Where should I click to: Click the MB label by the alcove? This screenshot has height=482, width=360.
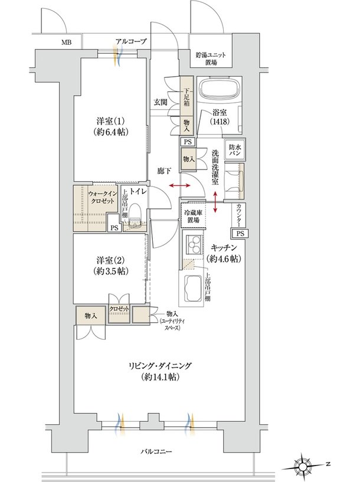(x=67, y=42)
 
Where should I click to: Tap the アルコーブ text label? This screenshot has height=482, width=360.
(x=131, y=41)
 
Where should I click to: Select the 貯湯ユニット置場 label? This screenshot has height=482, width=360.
(x=211, y=59)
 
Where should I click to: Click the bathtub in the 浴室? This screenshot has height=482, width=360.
(x=219, y=89)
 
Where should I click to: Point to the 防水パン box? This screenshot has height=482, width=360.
(x=235, y=149)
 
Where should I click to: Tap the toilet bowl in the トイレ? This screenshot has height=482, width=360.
(x=135, y=213)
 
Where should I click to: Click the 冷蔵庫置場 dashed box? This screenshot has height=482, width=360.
(x=193, y=215)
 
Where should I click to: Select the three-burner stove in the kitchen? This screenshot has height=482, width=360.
(x=193, y=244)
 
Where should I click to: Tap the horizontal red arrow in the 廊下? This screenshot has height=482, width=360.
(x=180, y=185)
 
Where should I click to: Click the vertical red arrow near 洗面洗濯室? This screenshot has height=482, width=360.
(x=215, y=202)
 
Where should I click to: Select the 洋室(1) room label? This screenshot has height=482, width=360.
(x=110, y=126)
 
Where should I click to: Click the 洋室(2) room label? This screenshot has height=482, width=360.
(x=110, y=266)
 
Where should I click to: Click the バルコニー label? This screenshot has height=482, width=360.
(x=156, y=451)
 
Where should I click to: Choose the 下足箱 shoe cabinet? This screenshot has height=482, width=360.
(x=186, y=96)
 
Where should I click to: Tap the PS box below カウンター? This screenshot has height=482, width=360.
(x=240, y=234)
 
